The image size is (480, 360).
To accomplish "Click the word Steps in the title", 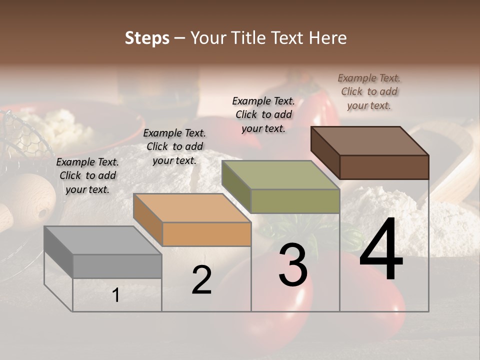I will coord(147,38).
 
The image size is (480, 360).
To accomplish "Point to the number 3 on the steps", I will coord(293,265).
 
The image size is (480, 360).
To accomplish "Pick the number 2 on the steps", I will coord(201,280).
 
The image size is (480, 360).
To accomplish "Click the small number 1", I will coord(116,295).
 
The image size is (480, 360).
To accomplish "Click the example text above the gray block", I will coord(87,175).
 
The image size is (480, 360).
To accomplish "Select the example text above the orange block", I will coord(174,146).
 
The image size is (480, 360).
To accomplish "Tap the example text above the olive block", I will coord(263,114).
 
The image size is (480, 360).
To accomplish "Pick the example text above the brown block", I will coord(369,91).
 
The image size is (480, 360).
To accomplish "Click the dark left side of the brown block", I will coord(325,153).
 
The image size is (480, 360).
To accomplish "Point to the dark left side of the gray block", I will coord(58,252).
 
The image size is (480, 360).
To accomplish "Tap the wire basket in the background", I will coord(25,135).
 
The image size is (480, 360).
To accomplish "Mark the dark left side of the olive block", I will coord(236,186).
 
